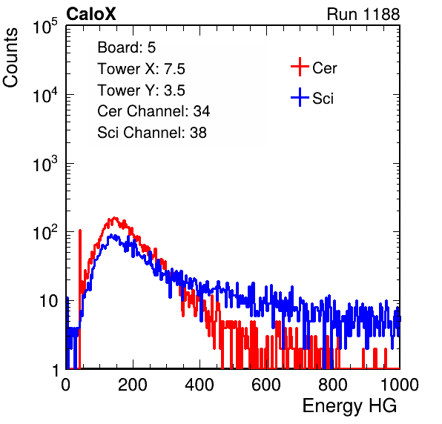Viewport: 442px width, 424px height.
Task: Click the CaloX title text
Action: click(90, 14)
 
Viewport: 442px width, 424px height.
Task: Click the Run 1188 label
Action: click(363, 14)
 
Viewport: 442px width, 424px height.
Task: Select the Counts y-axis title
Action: click(10, 58)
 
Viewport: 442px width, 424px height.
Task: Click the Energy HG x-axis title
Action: click(349, 406)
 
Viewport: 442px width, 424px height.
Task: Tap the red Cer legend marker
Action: click(300, 67)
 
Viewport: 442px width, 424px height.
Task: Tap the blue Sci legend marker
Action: click(300, 97)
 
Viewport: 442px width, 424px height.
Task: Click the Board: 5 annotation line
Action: click(127, 47)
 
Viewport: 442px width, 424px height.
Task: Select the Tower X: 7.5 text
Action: click(141, 69)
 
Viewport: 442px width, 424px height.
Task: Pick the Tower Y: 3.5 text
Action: click(141, 90)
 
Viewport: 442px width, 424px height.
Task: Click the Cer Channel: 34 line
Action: click(154, 111)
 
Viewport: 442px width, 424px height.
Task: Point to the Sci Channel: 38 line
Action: click(152, 133)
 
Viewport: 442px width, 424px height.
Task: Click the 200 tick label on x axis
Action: click(133, 385)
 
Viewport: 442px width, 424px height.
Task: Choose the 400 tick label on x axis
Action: click(199, 385)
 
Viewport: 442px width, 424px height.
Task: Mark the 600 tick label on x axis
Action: click(266, 385)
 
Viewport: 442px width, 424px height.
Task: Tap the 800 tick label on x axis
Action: click(333, 385)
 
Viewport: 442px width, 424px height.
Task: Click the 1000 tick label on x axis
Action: click(400, 385)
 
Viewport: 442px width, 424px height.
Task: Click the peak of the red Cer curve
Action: click(114, 218)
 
